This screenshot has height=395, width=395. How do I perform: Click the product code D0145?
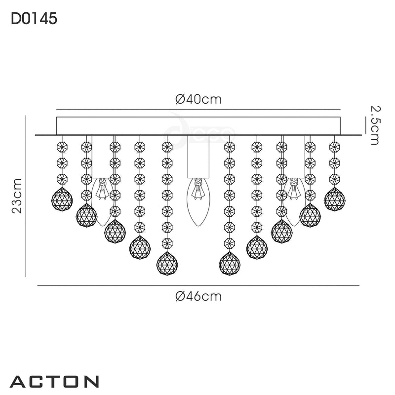34,18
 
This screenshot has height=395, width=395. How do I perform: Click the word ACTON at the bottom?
54,381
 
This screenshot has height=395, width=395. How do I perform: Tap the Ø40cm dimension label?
198,99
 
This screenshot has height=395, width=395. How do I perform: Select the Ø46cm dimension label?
198,296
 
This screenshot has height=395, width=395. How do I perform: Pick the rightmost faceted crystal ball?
334,199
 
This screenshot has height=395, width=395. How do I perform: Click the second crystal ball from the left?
86,215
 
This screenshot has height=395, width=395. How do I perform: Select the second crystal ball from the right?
310,215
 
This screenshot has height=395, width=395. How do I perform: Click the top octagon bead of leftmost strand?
62,147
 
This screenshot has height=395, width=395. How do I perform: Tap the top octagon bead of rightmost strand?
334,147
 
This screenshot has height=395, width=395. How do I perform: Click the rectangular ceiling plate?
198,125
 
